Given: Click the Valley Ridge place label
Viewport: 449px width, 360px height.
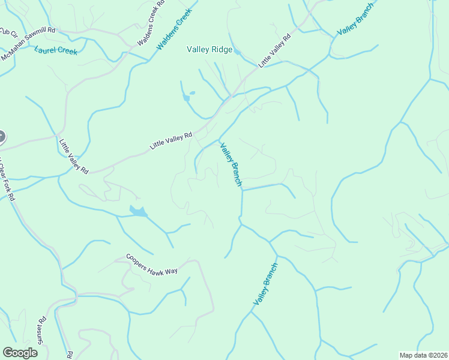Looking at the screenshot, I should [x=209, y=50].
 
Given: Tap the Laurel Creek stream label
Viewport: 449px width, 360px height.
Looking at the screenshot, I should [x=56, y=51].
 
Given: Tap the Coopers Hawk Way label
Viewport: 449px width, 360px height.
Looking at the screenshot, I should [x=152, y=264].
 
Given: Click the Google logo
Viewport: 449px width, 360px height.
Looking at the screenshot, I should [x=20, y=353].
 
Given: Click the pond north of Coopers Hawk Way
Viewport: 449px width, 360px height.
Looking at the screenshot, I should [x=138, y=211].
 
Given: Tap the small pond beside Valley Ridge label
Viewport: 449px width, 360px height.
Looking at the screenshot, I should [x=238, y=52].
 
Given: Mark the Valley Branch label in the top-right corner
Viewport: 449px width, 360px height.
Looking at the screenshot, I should [x=355, y=19].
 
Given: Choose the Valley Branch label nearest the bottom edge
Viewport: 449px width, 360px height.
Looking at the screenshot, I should [x=265, y=284].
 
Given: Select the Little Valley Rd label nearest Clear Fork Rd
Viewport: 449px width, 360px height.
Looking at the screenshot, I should [x=74, y=157].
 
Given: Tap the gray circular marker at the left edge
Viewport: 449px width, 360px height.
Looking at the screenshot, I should [x=1, y=137].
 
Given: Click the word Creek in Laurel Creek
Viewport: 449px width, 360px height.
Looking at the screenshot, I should [x=66, y=52].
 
